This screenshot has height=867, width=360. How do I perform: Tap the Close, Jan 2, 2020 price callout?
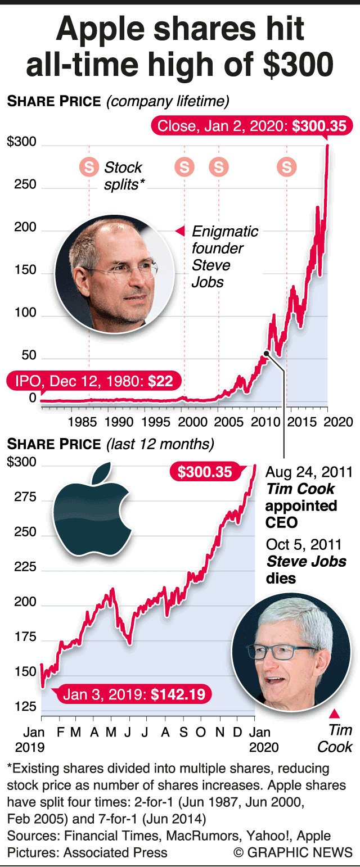click(251, 126)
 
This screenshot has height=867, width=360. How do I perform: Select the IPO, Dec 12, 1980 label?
click(94, 381)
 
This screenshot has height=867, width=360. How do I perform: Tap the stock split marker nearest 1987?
click(88, 166)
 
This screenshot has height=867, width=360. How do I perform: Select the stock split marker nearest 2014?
click(287, 166)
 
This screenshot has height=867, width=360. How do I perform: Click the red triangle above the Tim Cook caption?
click(335, 714)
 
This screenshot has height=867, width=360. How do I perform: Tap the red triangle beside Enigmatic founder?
click(180, 231)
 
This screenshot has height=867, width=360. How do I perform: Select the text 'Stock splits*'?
click(123, 175)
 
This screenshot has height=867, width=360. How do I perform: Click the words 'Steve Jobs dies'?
click(306, 569)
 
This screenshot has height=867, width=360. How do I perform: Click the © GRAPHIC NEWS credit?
click(293, 852)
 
